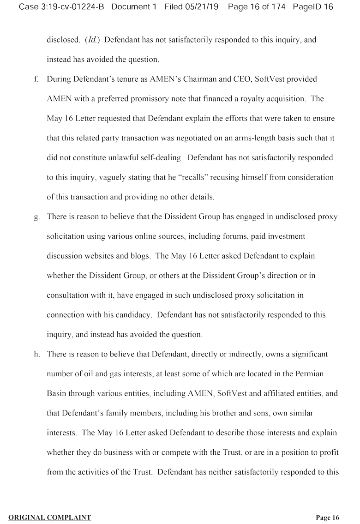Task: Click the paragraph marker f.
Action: tap(36, 79)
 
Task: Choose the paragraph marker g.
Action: tap(36, 217)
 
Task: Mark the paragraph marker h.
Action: tap(36, 354)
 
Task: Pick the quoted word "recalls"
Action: tap(194, 177)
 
